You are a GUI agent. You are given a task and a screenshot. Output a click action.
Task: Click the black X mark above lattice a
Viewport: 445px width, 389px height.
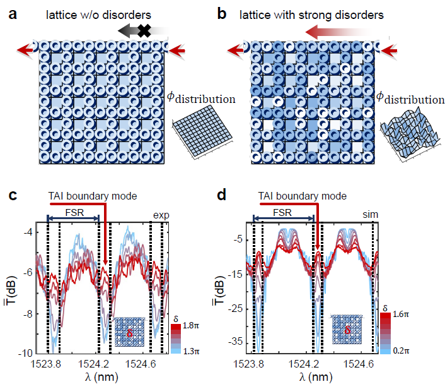point(146,29)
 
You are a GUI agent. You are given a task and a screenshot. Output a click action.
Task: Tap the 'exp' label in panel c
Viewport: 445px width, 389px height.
point(161,215)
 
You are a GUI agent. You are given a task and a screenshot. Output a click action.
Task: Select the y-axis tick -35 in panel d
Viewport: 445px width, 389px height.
point(238,342)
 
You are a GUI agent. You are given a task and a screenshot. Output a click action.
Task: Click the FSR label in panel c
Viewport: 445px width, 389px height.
point(72,210)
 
